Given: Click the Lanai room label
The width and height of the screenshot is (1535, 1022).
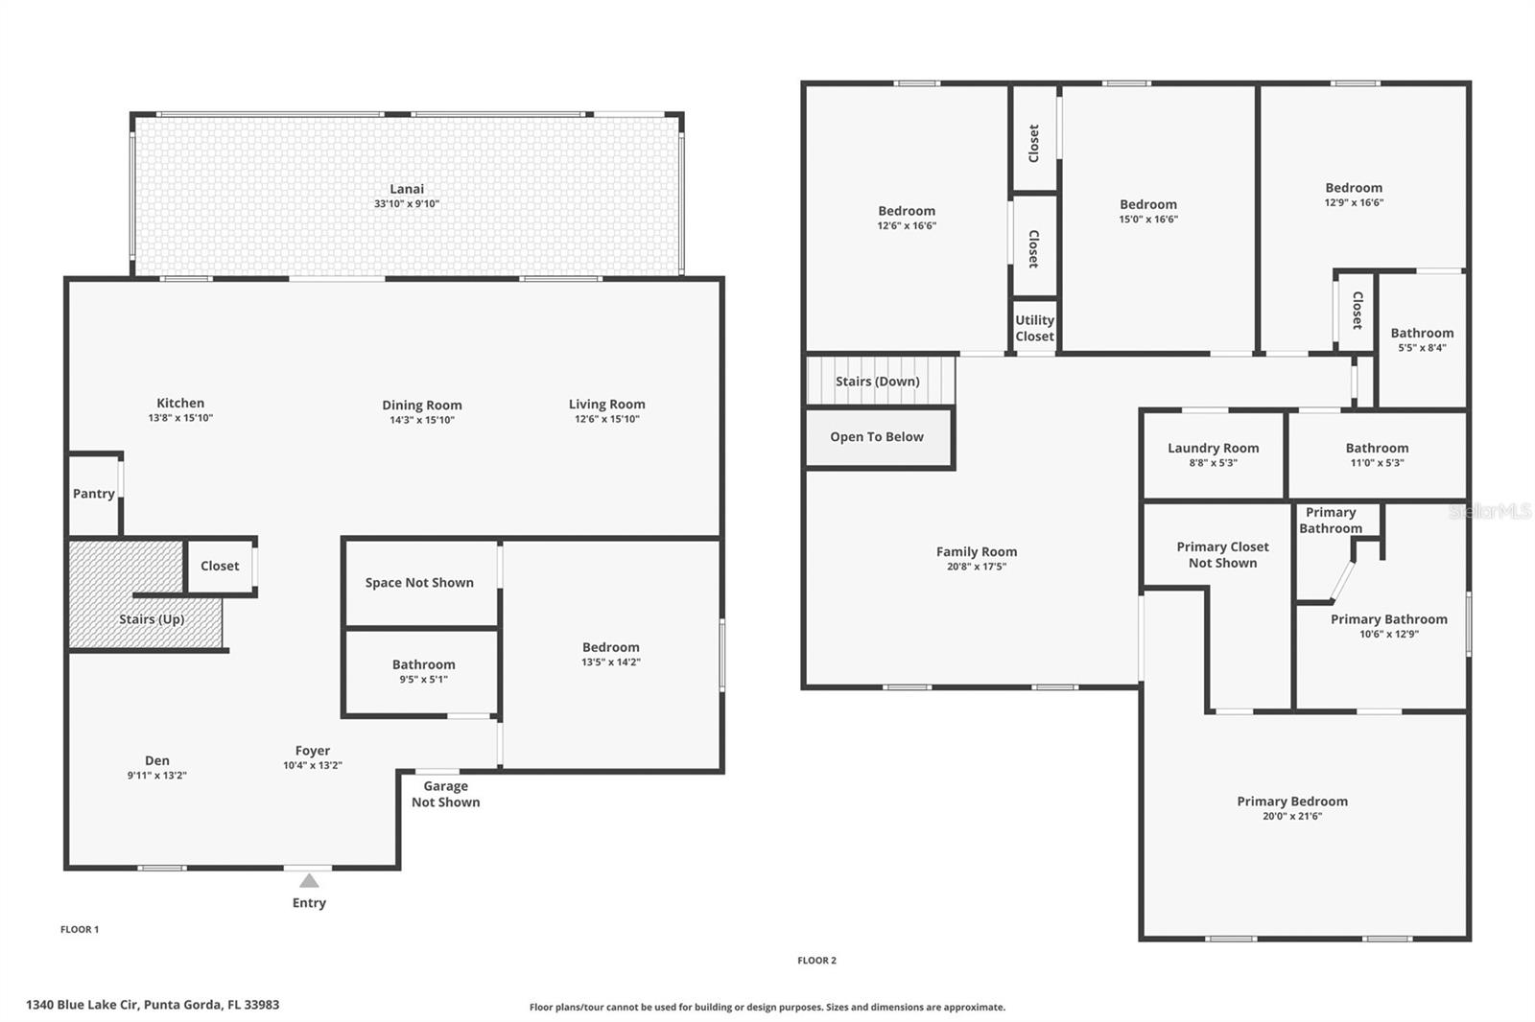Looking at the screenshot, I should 407,189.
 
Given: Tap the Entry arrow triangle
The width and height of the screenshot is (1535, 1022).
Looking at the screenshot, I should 309,881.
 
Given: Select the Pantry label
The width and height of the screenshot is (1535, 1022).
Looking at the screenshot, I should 94,494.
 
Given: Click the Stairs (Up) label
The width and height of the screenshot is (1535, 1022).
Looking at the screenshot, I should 152,619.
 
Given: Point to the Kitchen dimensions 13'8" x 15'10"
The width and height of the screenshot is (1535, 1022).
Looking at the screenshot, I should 180,418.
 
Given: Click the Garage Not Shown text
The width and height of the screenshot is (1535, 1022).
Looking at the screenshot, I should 446,794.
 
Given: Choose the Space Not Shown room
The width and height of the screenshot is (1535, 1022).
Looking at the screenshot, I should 419,583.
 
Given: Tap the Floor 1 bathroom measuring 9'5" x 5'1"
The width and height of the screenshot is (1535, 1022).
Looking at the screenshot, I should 423,671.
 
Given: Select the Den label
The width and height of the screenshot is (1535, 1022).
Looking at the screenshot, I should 157,760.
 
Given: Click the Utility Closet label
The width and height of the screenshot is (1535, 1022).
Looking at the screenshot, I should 1034,328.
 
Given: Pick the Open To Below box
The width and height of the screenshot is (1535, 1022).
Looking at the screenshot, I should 877,437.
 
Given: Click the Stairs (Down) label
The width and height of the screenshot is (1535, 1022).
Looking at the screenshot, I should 877,382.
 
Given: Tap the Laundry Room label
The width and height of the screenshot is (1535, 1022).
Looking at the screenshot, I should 1213,448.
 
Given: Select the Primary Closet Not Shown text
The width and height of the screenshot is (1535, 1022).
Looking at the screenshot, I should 1222,555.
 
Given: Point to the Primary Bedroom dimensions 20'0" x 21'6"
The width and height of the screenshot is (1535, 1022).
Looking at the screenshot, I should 1292,816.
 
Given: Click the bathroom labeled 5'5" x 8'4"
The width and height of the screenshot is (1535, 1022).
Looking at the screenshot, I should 1422,339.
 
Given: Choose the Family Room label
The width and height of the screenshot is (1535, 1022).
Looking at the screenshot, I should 977,551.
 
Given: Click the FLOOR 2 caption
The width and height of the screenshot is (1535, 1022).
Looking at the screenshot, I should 816,960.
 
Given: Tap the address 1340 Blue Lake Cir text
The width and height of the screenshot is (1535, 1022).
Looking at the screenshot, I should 153,1005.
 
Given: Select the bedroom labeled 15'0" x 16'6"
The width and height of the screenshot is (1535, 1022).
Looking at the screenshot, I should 1148,211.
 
